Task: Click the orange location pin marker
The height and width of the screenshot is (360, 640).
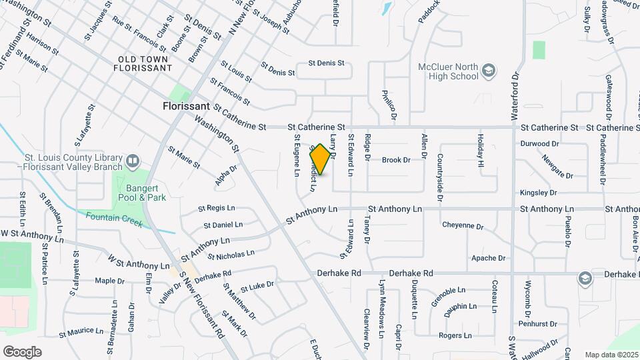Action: (321, 159)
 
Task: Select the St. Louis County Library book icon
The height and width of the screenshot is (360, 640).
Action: (133, 161)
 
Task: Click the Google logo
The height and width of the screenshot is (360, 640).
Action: (23, 351)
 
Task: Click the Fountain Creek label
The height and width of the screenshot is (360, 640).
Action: (113, 219)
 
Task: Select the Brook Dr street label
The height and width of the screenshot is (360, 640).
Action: (395, 159)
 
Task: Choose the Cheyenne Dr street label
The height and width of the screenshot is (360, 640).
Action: (463, 226)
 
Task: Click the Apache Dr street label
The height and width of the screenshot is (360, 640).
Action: (488, 258)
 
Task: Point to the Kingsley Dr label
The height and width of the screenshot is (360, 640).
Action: (538, 193)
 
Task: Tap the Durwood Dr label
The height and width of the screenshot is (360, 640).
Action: (539, 143)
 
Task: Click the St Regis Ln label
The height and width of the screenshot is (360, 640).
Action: (217, 209)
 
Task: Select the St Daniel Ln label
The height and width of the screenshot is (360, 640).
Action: (223, 225)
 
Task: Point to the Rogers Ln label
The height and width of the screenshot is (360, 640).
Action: (455, 335)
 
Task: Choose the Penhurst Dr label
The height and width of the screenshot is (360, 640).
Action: (537, 324)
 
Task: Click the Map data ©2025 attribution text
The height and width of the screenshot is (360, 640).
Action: (611, 354)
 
